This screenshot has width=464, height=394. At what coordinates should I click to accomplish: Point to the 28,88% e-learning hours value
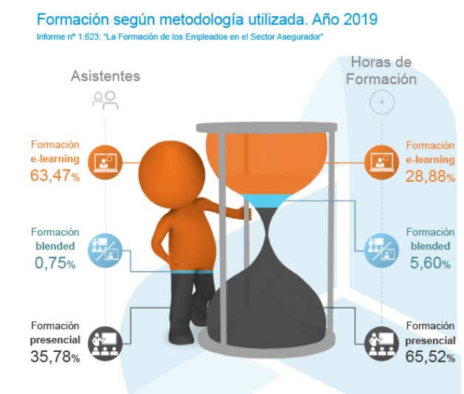(428, 176)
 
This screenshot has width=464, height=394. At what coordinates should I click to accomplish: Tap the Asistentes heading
(105, 76)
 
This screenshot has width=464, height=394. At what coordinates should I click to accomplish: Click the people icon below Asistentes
(105, 101)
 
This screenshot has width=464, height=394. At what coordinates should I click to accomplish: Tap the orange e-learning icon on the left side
(103, 160)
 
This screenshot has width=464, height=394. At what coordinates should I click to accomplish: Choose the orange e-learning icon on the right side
(381, 160)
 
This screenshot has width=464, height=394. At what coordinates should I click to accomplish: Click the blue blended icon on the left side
(103, 249)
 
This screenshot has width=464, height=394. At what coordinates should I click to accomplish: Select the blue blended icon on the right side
(381, 249)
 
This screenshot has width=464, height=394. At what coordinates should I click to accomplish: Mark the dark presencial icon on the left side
(103, 341)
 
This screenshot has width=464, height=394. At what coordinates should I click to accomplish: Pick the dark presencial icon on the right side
(381, 341)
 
